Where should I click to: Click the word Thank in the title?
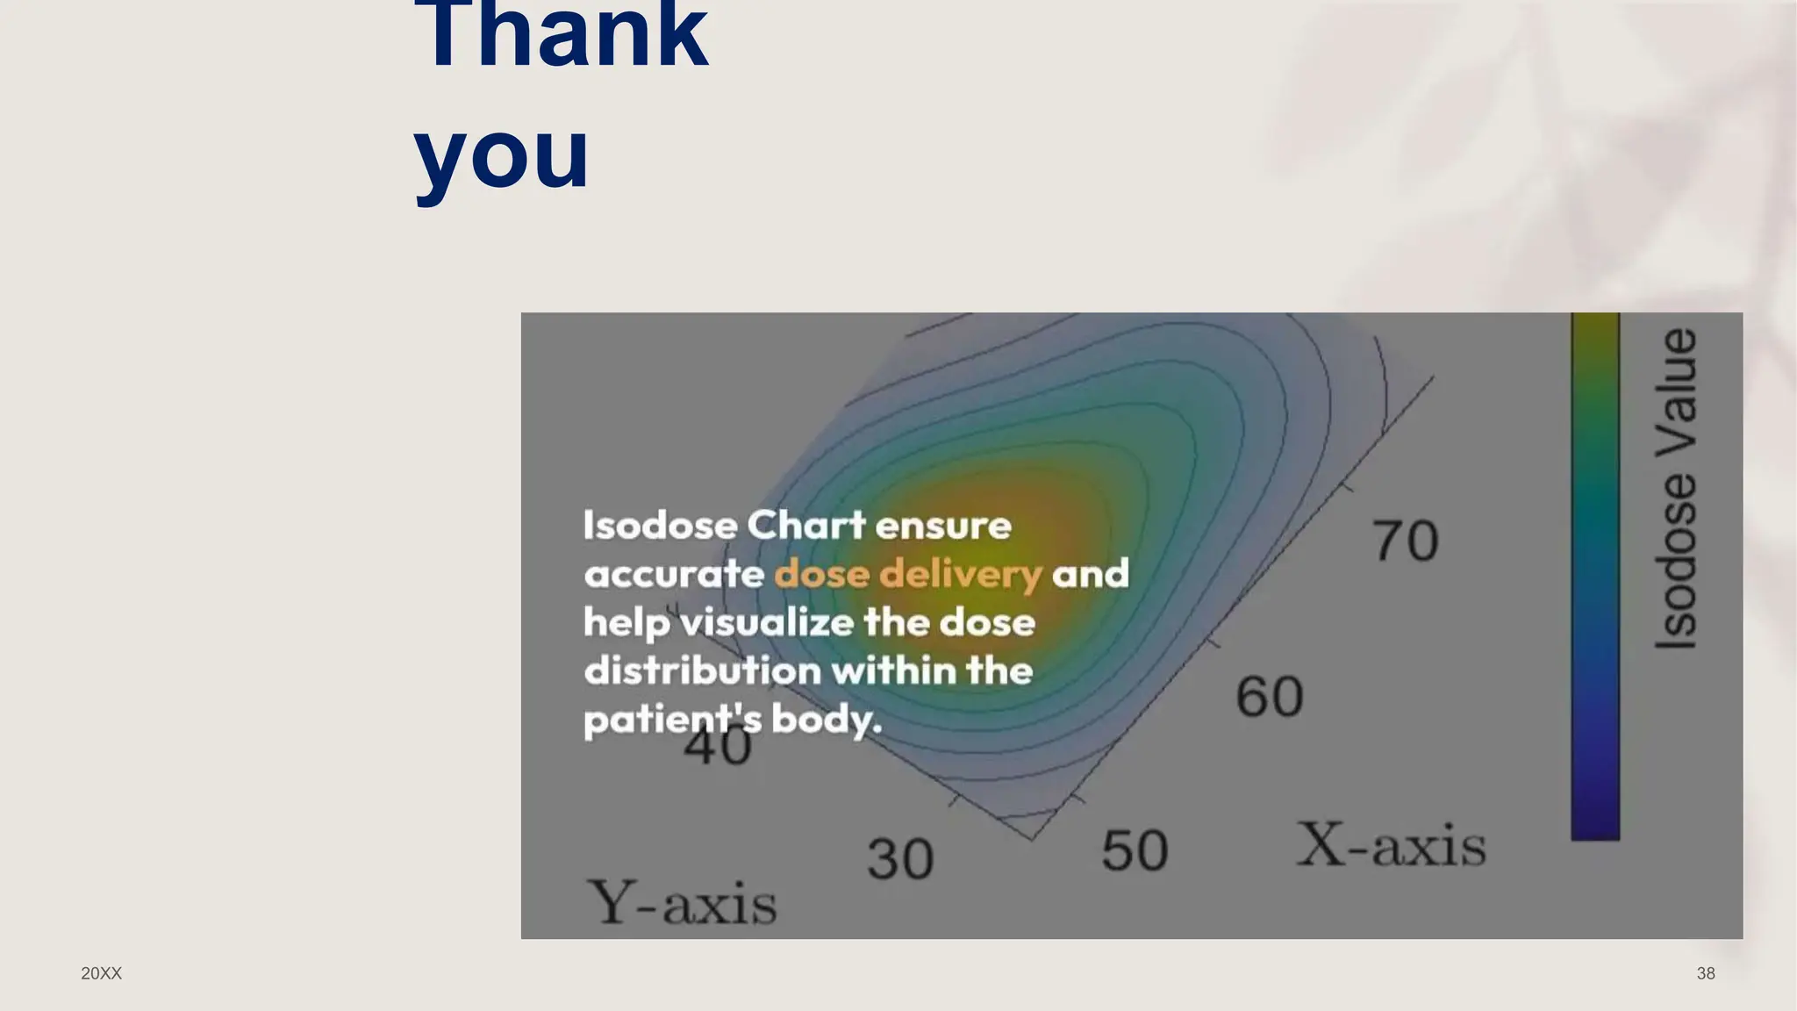point(561,35)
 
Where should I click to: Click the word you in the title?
point(501,155)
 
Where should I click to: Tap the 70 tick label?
point(1406,541)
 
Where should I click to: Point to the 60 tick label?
point(1269,697)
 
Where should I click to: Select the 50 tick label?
point(1135,850)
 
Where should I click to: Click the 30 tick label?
point(900,858)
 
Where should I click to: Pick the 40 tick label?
point(717,748)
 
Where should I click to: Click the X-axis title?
point(1391,845)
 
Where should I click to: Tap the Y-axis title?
point(682,903)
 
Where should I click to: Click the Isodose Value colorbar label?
point(1676,489)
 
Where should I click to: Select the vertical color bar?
point(1595,576)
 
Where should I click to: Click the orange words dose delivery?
point(907,574)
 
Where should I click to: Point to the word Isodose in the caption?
point(661,526)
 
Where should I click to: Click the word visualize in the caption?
point(767,623)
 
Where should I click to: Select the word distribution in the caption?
point(703,671)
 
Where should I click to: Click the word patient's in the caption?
point(672,721)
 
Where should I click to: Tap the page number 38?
point(1706,973)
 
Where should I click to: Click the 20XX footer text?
point(101,973)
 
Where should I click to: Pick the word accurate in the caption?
point(674,575)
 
